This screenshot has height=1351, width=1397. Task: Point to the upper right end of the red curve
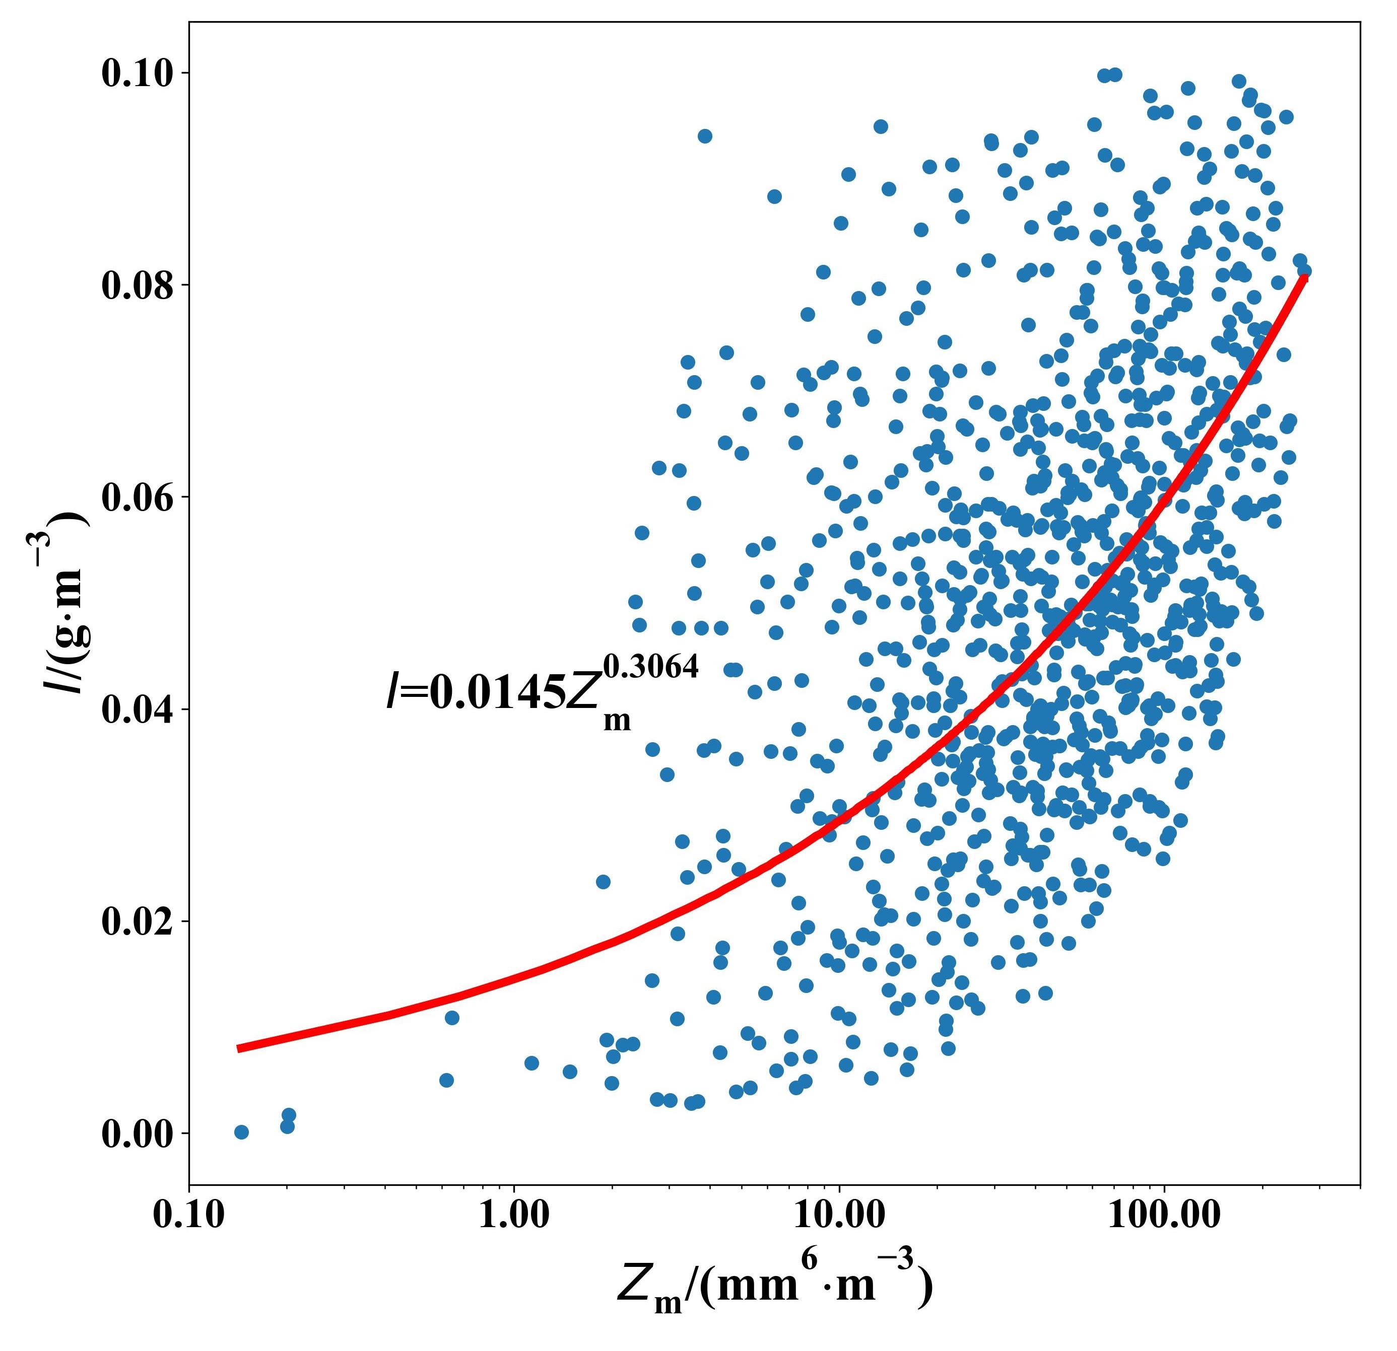tap(1304, 276)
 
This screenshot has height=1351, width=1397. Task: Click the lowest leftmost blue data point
tap(242, 1132)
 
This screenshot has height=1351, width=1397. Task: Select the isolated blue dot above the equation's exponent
tap(704, 136)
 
